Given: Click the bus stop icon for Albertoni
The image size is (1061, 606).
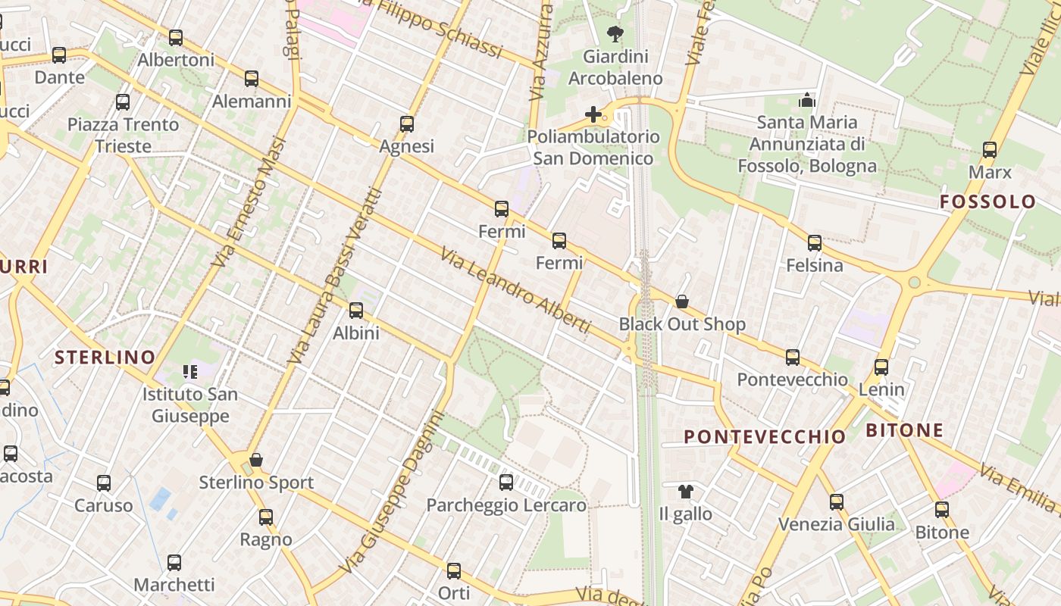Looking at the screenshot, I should click(x=176, y=37).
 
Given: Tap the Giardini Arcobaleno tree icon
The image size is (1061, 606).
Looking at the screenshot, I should click(x=615, y=33).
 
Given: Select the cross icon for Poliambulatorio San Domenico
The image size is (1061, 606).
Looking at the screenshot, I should click(x=593, y=114).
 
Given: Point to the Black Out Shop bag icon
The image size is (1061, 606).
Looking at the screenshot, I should click(x=682, y=301).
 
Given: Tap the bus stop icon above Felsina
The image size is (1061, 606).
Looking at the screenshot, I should click(x=815, y=243).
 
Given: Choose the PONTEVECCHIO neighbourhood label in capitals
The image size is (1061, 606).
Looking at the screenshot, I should click(x=765, y=436).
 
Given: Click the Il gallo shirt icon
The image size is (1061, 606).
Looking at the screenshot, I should click(x=686, y=491).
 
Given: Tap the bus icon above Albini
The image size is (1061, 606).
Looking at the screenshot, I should click(x=356, y=310).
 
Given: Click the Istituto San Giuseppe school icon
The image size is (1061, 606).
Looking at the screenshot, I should click(x=189, y=371).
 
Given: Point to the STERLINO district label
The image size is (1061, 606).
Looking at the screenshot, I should click(x=105, y=357).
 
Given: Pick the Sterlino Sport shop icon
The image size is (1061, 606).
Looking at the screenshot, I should click(x=256, y=460).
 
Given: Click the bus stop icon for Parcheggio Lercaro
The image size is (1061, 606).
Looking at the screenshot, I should click(x=506, y=482).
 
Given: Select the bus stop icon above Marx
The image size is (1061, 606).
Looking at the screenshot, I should click(x=990, y=149).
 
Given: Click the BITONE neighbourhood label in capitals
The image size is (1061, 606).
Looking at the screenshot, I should click(x=905, y=430).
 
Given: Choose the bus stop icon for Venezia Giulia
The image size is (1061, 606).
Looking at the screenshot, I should click(x=837, y=501).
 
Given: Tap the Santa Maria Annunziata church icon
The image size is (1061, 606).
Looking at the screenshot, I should click(x=807, y=100).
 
